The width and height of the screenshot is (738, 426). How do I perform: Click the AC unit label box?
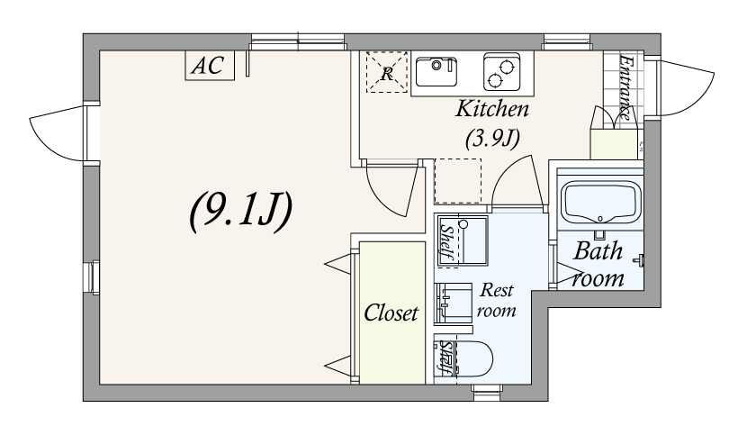pos(210,65)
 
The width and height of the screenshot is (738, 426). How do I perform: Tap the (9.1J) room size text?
pos(241,212)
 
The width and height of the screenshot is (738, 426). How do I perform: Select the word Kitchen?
pos(492,109)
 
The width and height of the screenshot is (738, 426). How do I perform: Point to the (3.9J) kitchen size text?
pos(492,138)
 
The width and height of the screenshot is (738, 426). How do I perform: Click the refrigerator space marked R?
pos(386,72)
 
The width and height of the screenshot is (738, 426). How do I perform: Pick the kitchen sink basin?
pos(436,72)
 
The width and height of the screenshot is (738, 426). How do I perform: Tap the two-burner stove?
pos(502,72)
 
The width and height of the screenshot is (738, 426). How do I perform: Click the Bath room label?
pos(598,265)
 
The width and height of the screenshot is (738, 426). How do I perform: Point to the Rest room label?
pos(496,300)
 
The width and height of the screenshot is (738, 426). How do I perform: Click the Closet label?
pos(391,313)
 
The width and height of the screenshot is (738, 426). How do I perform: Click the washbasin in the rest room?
pos(454,303)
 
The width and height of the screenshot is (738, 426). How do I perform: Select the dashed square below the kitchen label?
pos(457,180)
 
